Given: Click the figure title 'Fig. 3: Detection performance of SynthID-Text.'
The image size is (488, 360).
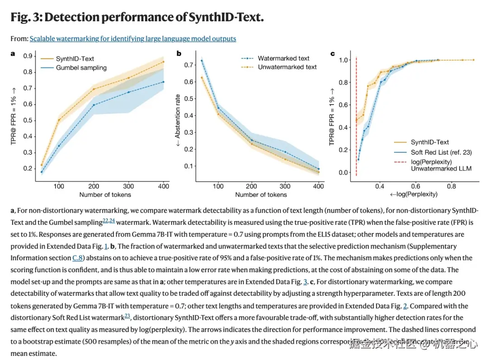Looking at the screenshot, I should tap(137, 17).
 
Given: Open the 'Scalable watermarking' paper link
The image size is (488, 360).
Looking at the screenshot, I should tap(133, 39).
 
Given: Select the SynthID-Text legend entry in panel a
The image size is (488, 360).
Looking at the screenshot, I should tap(75, 59).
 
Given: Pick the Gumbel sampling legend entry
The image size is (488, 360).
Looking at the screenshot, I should tap(81, 68).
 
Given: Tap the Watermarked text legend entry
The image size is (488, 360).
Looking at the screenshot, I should tap(283, 58).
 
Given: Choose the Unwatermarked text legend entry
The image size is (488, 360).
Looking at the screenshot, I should tap(287, 67).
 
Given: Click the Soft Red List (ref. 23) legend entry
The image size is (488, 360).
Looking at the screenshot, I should tap(436, 152).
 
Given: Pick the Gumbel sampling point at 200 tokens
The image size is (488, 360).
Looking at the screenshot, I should tap(94, 105).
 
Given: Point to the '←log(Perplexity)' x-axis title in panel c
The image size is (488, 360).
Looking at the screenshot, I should tap(413, 194).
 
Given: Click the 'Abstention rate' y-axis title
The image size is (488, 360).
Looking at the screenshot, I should tap(178, 116).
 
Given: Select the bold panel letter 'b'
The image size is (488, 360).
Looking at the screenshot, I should tap(179, 54).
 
